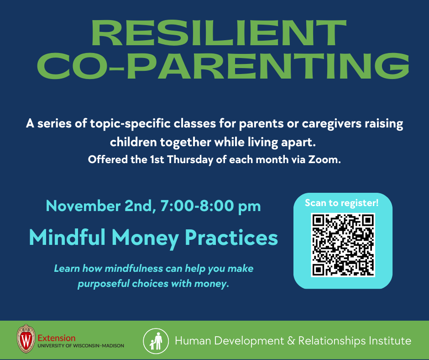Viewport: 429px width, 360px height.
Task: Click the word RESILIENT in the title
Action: click(219, 33)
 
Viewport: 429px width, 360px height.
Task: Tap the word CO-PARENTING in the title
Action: click(223, 66)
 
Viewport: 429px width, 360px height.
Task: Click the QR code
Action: click(343, 245)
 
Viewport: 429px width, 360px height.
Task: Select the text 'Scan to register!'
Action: click(342, 203)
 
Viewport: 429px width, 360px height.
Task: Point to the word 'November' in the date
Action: click(83, 206)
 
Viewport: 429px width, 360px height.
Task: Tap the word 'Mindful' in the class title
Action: click(67, 237)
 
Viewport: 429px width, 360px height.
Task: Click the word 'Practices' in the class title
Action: click(231, 237)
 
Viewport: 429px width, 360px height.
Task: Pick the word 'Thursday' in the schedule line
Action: click(190, 160)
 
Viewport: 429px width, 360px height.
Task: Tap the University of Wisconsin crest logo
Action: click(26, 339)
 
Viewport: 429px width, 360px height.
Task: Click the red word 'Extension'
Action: click(57, 338)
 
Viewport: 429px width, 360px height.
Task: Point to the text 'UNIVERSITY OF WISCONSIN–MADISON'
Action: click(81, 346)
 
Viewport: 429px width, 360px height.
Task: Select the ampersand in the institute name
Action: click(291, 341)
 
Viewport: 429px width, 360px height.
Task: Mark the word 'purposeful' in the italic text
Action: click(104, 284)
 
